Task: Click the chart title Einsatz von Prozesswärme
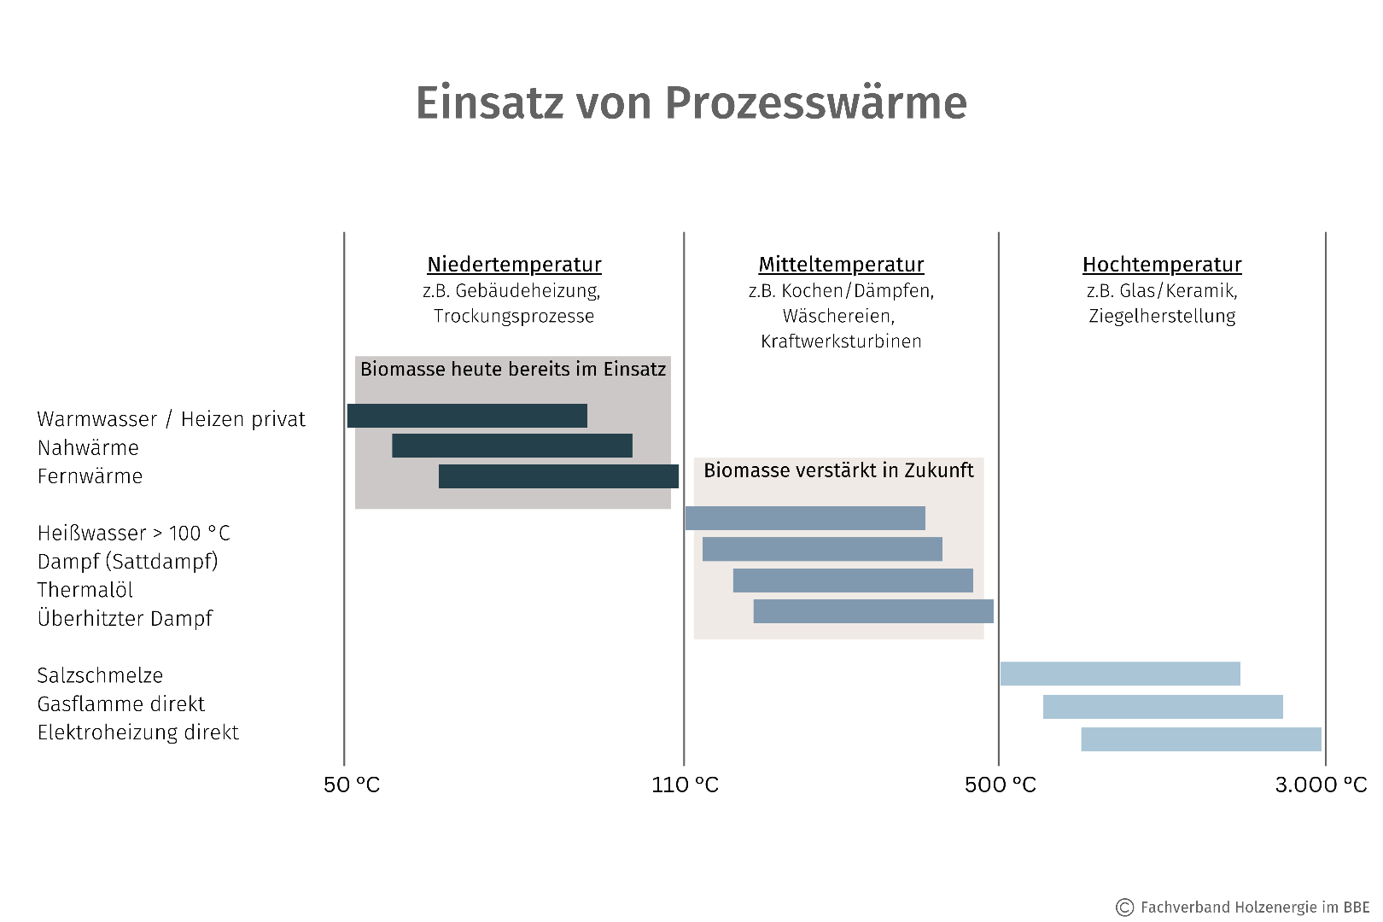click(691, 103)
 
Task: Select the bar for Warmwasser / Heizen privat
click(467, 416)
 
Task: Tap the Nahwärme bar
click(512, 446)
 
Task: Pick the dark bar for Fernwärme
click(558, 476)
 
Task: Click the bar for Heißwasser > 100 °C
click(805, 518)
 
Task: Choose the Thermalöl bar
click(853, 581)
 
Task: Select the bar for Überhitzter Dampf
click(873, 611)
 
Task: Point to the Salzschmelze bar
click(1120, 674)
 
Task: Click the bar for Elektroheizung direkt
click(1201, 739)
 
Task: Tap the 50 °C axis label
click(352, 785)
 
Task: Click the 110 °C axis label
click(685, 785)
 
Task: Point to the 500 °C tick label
click(1000, 785)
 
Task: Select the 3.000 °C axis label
click(1321, 785)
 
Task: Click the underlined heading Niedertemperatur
click(514, 265)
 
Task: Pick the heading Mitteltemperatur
click(841, 265)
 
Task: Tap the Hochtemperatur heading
click(1162, 265)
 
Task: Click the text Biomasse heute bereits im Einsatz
click(512, 369)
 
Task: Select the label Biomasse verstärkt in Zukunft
click(838, 470)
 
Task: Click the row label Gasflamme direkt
click(121, 704)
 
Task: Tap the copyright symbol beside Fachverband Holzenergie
click(1125, 907)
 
